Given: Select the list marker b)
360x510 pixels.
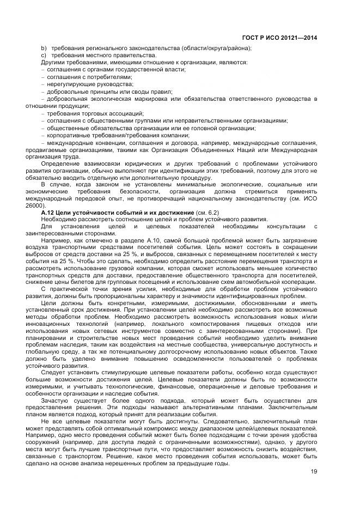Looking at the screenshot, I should coord(44,48).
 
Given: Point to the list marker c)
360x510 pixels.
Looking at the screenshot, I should coord(44,55).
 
